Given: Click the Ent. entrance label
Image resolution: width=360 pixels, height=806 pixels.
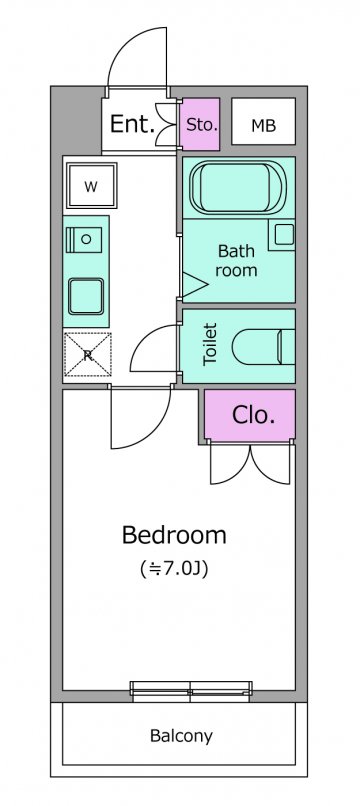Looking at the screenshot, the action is point(133,124).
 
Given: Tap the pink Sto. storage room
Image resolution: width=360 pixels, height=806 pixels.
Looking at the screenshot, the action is point(201,124).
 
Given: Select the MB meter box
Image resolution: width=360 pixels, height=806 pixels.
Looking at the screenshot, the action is point(263,121).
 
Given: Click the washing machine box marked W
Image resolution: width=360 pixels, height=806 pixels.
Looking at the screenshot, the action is point(91,186).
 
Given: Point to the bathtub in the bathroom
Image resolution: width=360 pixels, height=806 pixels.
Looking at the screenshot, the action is point(238,187).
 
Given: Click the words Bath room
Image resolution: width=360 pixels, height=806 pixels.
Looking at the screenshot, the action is point(236,261).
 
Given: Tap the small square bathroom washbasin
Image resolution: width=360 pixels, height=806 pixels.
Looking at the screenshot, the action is point(284,235).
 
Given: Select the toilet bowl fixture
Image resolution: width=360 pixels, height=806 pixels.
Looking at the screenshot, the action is point(263,346).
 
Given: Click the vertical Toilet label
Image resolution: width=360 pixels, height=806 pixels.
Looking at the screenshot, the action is point(210,344).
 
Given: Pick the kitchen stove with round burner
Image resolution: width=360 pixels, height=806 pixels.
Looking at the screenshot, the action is point(84,239).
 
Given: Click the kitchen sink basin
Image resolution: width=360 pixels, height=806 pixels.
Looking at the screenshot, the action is point(86,296).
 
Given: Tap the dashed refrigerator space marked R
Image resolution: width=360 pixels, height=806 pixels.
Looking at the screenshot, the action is point(88,354).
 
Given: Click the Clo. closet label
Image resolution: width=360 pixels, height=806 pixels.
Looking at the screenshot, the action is point(253,415).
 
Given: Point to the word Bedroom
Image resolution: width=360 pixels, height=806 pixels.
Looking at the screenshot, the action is point(174,535).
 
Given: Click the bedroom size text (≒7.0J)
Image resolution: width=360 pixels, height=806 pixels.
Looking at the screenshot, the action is point(174,569).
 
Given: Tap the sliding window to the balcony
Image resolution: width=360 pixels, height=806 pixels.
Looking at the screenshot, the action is point(191,691).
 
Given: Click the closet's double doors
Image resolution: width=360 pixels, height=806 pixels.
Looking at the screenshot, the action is point(250,465).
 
